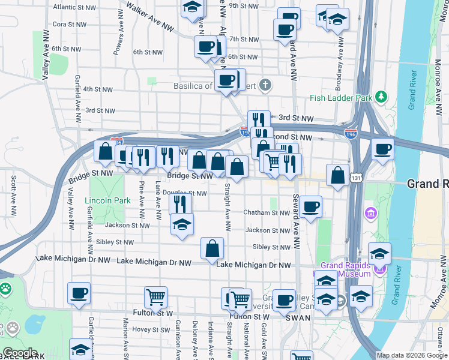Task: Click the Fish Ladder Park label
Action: pos(338,98)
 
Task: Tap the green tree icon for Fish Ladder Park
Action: pos(381,97)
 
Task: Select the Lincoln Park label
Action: pos(107,200)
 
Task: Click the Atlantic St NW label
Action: pos(74,7)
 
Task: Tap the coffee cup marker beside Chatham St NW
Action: pos(310,208)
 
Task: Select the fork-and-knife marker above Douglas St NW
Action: pos(181,204)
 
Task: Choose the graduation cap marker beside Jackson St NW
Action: pos(182,224)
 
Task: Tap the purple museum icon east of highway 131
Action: pos(370,213)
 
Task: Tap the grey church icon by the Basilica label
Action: pos(265,86)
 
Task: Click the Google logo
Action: pos(20,353)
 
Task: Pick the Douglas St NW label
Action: pos(185,193)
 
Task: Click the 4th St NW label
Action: pos(98,89)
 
